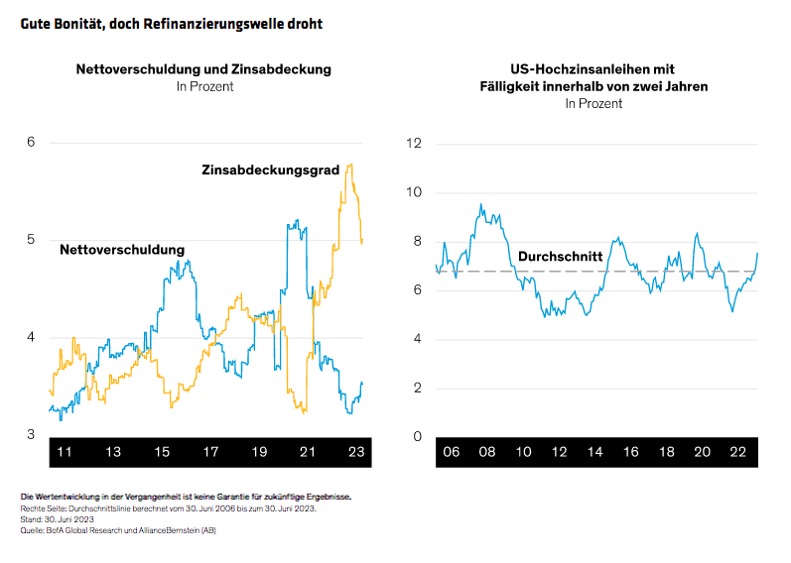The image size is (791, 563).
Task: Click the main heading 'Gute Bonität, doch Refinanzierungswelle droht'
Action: pyautogui.click(x=171, y=21)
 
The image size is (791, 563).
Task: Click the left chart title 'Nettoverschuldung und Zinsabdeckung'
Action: pyautogui.click(x=203, y=70)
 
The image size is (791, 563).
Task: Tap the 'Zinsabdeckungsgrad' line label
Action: pyautogui.click(x=270, y=170)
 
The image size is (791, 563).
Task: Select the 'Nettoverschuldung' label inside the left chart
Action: pyautogui.click(x=122, y=250)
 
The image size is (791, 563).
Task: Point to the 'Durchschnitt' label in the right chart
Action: pyautogui.click(x=560, y=257)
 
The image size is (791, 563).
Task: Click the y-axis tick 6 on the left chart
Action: pyautogui.click(x=31, y=143)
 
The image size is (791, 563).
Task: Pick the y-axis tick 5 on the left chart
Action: pyautogui.click(x=31, y=240)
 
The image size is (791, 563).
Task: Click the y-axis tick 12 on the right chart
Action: pyautogui.click(x=415, y=144)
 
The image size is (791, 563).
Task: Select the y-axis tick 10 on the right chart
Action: pyautogui.click(x=415, y=192)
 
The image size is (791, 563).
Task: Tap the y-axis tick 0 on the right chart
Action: pyautogui.click(x=418, y=436)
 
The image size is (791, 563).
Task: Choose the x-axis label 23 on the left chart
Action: pyautogui.click(x=354, y=451)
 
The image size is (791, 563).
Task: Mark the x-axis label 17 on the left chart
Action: pyautogui.click(x=209, y=451)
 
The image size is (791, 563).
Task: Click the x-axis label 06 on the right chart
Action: pyautogui.click(x=452, y=451)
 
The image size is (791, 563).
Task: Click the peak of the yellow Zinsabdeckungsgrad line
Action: pyautogui.click(x=352, y=164)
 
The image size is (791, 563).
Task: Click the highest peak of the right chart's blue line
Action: pyautogui.click(x=481, y=205)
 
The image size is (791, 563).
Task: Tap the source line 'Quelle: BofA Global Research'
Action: pyautogui.click(x=117, y=530)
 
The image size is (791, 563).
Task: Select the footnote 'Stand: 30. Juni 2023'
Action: pyautogui.click(x=58, y=518)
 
